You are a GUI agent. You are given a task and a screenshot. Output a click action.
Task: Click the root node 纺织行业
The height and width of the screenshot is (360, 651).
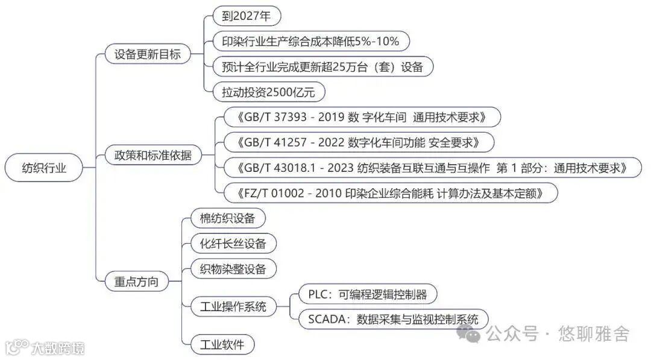coord(43,169)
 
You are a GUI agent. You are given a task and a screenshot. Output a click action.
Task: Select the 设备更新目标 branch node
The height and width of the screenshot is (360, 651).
coord(147,54)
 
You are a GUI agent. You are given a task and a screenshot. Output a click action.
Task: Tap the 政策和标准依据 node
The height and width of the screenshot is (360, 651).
coord(153,155)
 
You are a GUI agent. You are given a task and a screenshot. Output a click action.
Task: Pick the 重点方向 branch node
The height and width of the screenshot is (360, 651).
coord(136,281)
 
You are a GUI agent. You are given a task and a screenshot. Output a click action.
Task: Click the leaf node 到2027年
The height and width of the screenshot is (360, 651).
coord(247,16)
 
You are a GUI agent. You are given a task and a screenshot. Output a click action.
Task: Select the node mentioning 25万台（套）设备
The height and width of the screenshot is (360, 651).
coord(323,66)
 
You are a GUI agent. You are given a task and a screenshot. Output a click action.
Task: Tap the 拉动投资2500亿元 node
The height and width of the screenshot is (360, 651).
coord(269,92)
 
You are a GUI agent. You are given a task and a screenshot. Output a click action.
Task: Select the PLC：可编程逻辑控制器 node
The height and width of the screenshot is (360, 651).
coord(367,294)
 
